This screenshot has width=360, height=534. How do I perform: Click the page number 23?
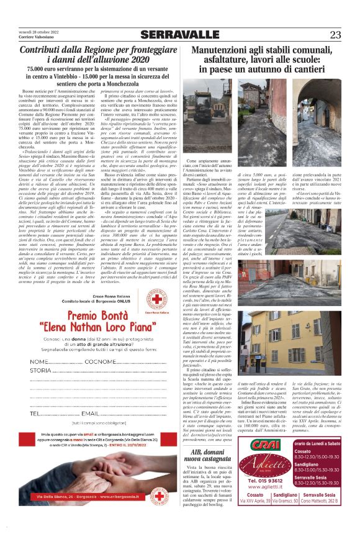[x=335, y=34]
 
